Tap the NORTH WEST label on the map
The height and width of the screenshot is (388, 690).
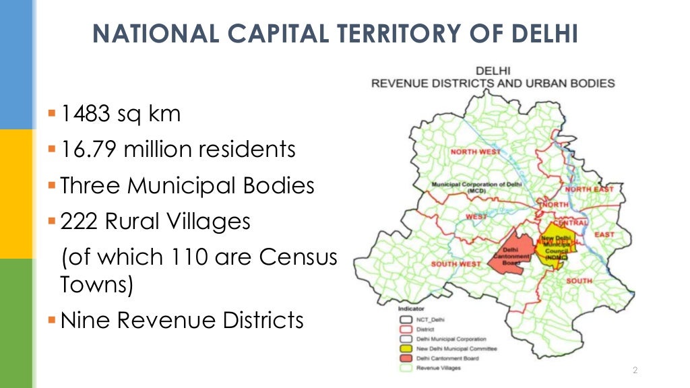click(476, 152)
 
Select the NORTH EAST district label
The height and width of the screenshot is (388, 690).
click(589, 189)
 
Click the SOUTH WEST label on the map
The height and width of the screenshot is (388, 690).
click(456, 263)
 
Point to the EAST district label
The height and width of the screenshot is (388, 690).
click(604, 234)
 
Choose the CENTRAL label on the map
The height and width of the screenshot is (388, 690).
click(570, 222)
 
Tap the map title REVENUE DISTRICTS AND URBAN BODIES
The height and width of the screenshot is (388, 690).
click(493, 84)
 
